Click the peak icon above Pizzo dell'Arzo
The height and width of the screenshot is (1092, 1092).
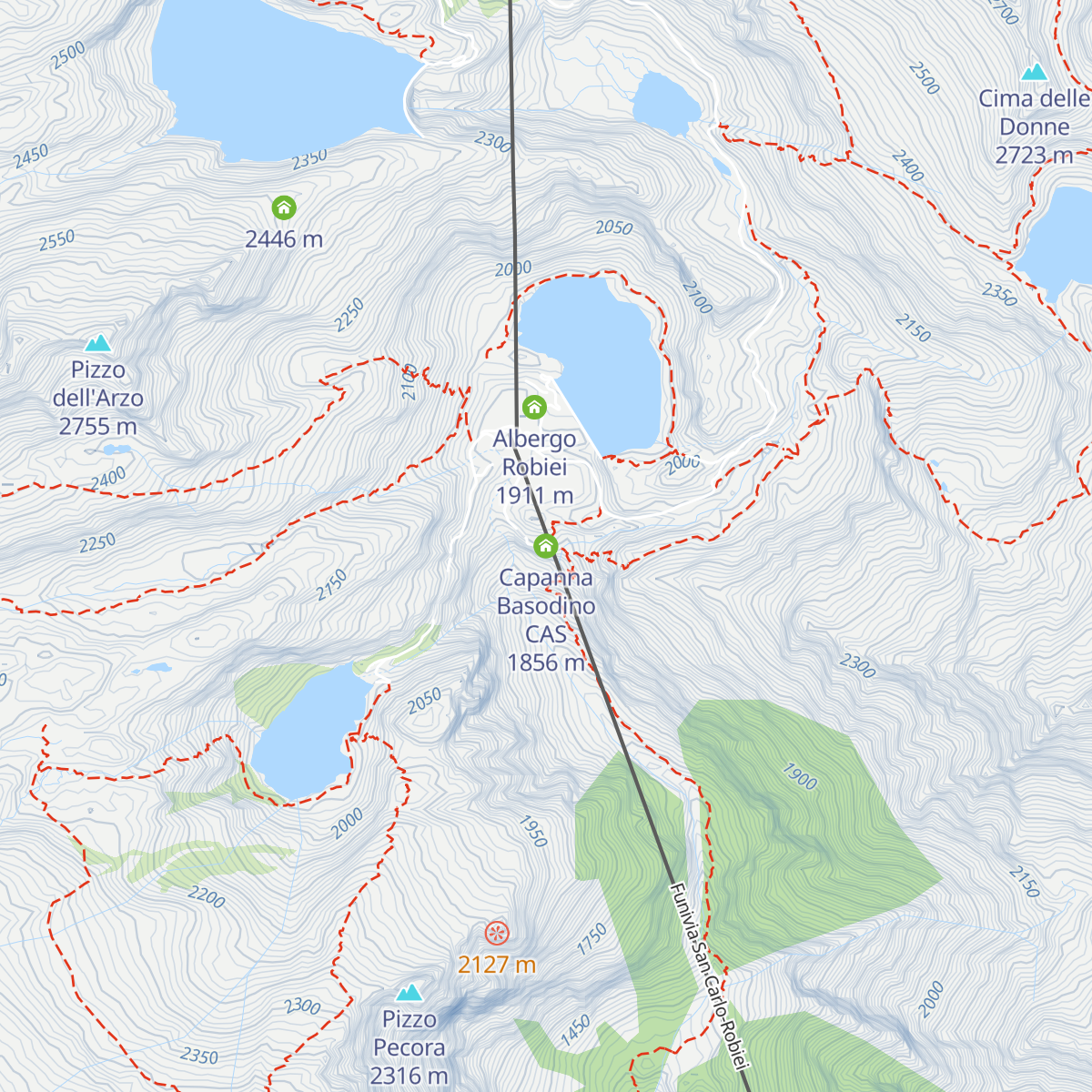click(97, 343)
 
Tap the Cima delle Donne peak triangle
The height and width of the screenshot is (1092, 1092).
click(1034, 72)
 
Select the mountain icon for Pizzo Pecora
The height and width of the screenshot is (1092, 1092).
click(409, 992)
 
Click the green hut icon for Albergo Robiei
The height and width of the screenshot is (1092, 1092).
click(534, 407)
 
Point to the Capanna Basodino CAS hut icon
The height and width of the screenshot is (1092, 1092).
click(545, 546)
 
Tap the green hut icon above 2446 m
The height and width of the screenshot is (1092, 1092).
click(284, 207)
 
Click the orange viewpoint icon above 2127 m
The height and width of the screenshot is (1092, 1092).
click(496, 933)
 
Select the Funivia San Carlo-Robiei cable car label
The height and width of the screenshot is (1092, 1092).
click(711, 978)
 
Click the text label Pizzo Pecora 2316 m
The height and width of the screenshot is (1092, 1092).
click(409, 1047)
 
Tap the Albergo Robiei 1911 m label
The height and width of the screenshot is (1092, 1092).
click(535, 467)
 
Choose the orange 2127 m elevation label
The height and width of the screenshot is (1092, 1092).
click(496, 965)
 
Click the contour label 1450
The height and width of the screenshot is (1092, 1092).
click(575, 1031)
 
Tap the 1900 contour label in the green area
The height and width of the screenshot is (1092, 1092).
click(800, 776)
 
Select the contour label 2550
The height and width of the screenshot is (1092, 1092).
click(56, 241)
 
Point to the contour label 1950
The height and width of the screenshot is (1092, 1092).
click(533, 831)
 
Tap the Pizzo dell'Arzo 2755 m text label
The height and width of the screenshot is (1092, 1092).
click(98, 399)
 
